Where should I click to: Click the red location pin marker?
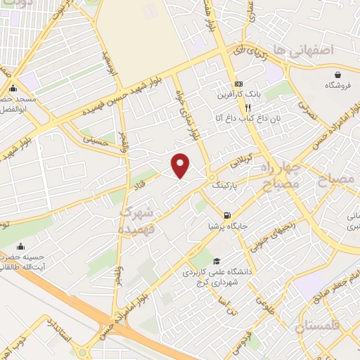point(181,165)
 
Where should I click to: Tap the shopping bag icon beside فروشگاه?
point(338,74)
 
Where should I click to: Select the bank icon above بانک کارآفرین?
point(238,82)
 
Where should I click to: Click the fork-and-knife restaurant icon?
point(247,108)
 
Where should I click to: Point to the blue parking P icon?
point(212,177)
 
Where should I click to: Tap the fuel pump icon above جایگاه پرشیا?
point(226,215)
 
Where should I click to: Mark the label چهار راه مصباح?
point(281,174)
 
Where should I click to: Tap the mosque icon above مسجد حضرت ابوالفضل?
point(13,89)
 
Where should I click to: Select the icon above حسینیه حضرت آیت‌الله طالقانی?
point(20,246)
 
